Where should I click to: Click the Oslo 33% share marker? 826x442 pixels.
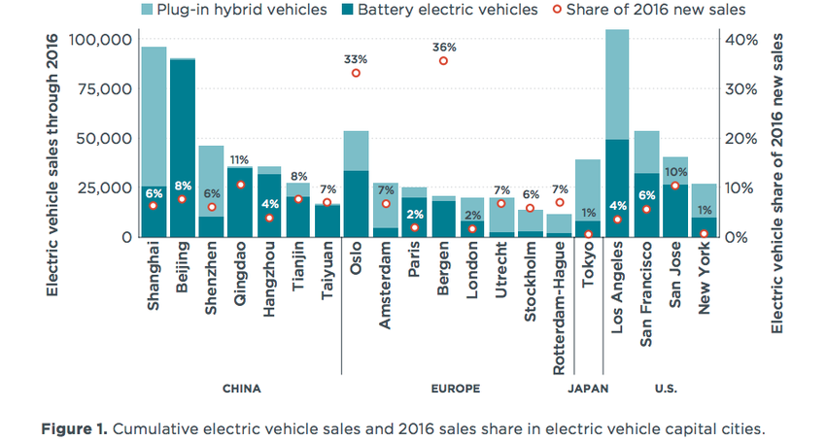point(356,73)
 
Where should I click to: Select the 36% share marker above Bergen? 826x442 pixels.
point(443,60)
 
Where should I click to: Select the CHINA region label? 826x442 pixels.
point(242,389)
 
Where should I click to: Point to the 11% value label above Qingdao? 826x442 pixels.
point(239,159)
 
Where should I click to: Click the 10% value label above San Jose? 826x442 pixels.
point(675,172)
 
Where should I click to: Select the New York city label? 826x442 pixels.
point(705,279)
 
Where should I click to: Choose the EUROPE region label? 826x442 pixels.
point(455,389)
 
